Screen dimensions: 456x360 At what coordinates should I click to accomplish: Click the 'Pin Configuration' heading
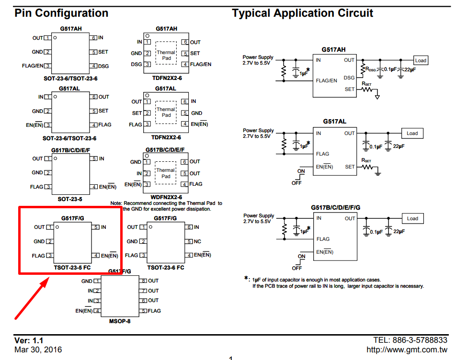(61, 13)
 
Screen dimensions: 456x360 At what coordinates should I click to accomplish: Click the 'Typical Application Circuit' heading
(302, 13)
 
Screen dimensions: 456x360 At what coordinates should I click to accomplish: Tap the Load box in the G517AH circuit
(421, 60)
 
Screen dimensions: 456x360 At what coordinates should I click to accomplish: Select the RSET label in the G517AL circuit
(366, 160)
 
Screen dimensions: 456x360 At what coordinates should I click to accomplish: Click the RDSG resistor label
(371, 69)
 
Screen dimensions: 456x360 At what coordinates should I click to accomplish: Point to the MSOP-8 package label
(120, 321)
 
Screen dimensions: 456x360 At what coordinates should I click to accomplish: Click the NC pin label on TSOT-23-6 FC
(197, 241)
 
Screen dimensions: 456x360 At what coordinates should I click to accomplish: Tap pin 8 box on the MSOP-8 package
(143, 281)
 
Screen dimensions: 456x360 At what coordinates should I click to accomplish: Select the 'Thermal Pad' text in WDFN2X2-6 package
(166, 173)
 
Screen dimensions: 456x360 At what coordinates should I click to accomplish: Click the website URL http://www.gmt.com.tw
(407, 349)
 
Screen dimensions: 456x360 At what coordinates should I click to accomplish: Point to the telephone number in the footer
(410, 340)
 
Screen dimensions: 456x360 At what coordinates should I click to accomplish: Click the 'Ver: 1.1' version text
(29, 340)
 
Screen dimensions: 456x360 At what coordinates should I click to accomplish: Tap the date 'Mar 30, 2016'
(38, 349)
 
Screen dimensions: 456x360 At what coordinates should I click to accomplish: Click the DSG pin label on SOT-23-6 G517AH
(103, 66)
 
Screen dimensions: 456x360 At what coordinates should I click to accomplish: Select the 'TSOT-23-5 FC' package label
(72, 268)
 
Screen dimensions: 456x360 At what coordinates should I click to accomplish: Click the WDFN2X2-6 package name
(166, 197)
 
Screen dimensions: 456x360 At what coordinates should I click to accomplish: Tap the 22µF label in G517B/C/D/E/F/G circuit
(399, 232)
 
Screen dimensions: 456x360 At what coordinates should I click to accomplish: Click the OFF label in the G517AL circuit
(296, 183)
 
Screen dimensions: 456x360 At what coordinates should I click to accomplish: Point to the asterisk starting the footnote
(246, 278)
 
